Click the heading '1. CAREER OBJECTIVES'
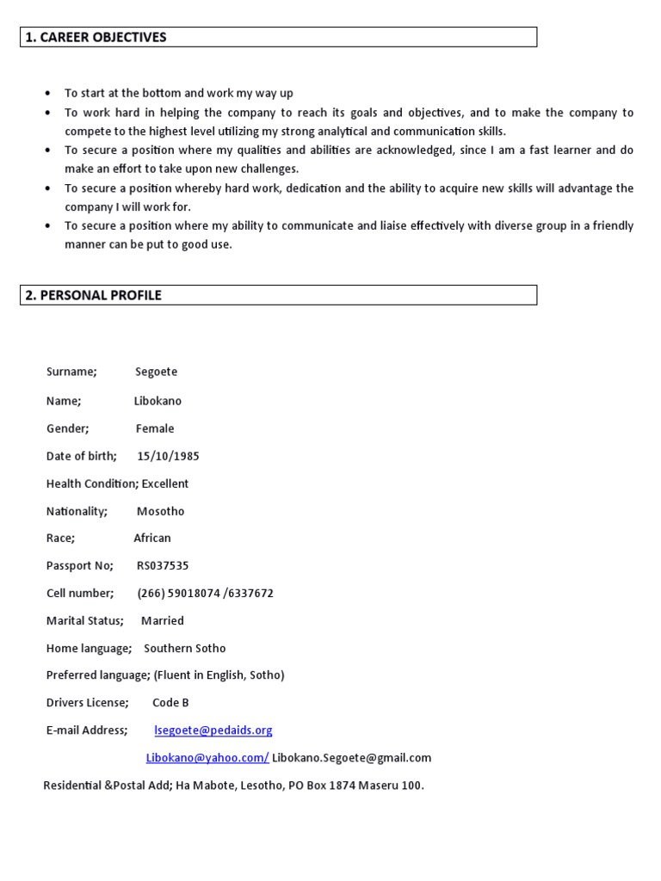(96, 37)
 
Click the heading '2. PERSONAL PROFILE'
(94, 295)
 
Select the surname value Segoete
(157, 372)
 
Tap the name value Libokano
(158, 401)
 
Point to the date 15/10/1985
(168, 456)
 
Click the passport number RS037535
(163, 566)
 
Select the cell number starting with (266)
(205, 594)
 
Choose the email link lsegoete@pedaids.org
(213, 730)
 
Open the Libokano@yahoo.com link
(207, 758)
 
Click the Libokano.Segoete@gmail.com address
(351, 758)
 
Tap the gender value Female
(155, 428)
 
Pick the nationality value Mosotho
(160, 511)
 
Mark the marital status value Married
(163, 620)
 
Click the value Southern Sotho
(184, 648)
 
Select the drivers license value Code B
(170, 703)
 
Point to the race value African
(152, 539)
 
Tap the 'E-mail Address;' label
(87, 730)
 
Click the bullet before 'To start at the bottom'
(47, 94)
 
